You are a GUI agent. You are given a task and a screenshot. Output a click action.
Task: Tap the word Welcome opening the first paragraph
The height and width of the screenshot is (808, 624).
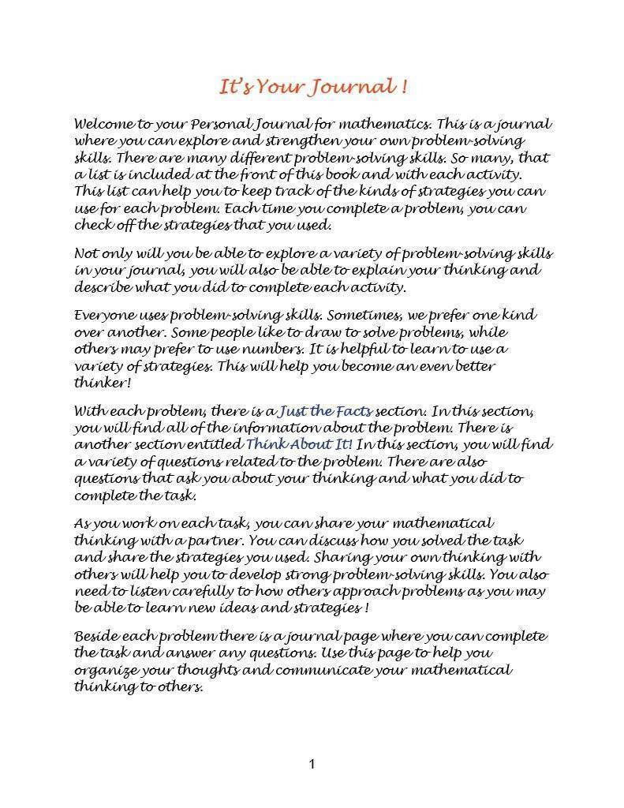102,124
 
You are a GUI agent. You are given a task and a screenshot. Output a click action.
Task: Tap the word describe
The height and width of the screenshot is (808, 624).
100,287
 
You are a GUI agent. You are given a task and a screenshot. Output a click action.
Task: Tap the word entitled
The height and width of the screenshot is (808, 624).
216,445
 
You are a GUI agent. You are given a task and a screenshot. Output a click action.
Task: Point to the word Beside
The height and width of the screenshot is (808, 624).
96,636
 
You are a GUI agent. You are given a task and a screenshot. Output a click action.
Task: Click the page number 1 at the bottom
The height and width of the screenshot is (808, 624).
312,764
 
